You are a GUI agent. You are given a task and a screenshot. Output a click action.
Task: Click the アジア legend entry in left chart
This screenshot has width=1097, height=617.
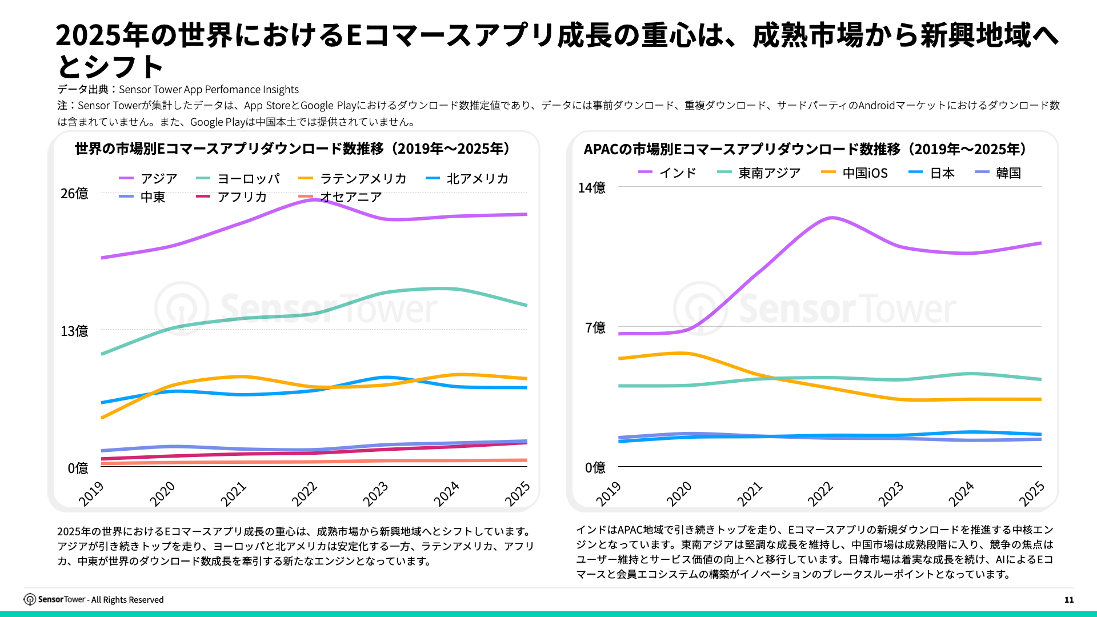pyautogui.click(x=149, y=179)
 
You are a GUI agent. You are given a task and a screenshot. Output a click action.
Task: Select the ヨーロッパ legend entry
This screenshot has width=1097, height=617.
pyautogui.click(x=238, y=179)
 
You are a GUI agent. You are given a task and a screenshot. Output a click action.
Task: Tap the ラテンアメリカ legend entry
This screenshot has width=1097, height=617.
pyautogui.click(x=352, y=179)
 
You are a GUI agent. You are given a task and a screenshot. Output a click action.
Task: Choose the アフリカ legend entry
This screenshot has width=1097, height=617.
pyautogui.click(x=231, y=197)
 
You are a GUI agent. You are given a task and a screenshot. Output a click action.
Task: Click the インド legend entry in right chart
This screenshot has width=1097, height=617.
pyautogui.click(x=667, y=173)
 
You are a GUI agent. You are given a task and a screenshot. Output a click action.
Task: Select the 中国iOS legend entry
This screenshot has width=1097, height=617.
pyautogui.click(x=854, y=173)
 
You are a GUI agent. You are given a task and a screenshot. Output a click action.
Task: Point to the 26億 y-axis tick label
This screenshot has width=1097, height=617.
pyautogui.click(x=74, y=194)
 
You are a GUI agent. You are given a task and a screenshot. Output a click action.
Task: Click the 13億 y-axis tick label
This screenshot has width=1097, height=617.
pyautogui.click(x=74, y=331)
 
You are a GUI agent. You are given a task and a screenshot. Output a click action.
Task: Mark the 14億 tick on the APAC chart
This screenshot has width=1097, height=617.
pyautogui.click(x=591, y=187)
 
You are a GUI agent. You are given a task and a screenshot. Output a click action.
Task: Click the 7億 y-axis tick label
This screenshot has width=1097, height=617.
pyautogui.click(x=595, y=327)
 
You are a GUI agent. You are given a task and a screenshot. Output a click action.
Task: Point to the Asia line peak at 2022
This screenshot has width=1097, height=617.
pyautogui.click(x=314, y=199)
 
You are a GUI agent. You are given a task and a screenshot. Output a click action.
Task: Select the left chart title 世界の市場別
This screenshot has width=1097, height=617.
pyautogui.click(x=292, y=149)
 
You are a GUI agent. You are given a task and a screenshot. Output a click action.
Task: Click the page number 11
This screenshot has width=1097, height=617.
pyautogui.click(x=1069, y=600)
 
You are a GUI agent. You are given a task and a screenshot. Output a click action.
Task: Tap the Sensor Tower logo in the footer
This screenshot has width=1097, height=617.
pyautogui.click(x=54, y=599)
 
